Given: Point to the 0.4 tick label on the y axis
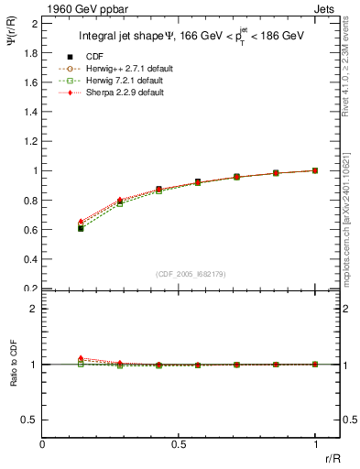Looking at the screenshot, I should pos(30,259).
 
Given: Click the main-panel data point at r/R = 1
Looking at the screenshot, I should pos(316,170).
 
